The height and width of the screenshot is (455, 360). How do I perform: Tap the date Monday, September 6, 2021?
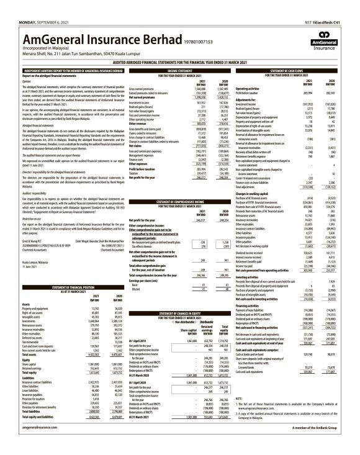coord(26,6)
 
